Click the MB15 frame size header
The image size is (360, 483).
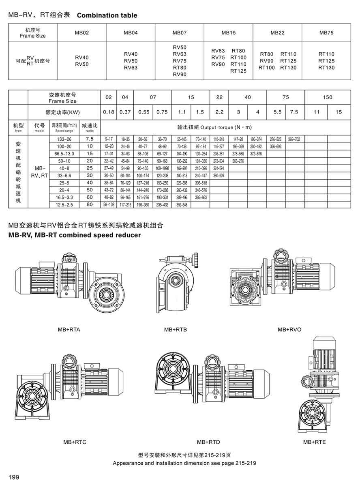pos(228,32)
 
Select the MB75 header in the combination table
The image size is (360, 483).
pos(326,32)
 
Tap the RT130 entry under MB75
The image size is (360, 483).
pos(326,68)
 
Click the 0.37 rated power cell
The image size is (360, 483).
pos(124,112)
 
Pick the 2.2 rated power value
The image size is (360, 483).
pos(219,112)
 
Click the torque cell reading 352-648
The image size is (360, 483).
pos(181,205)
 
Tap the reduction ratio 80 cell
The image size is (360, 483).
pos(90,205)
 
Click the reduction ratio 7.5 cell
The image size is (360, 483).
pos(90,139)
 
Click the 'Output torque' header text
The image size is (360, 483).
pos(226,127)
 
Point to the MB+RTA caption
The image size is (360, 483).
pos(69,329)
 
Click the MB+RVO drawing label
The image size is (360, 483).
pos(289,329)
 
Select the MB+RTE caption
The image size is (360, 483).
pos(314,442)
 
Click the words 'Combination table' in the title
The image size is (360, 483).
pos(107,16)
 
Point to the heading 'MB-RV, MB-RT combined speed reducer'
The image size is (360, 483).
pos(75,235)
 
